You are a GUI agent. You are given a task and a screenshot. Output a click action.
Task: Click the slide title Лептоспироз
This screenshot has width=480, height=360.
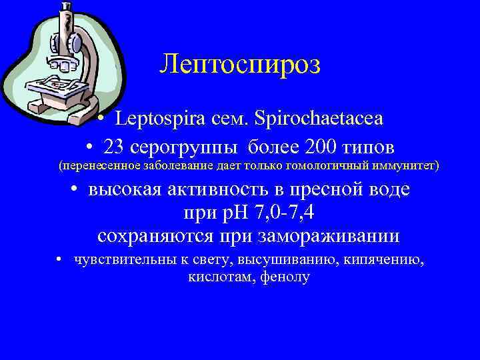point(240,65)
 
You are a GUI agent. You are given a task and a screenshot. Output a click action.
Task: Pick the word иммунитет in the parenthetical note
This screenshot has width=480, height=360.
point(403,165)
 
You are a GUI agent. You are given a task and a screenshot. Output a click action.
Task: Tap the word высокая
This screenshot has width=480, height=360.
point(127,189)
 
